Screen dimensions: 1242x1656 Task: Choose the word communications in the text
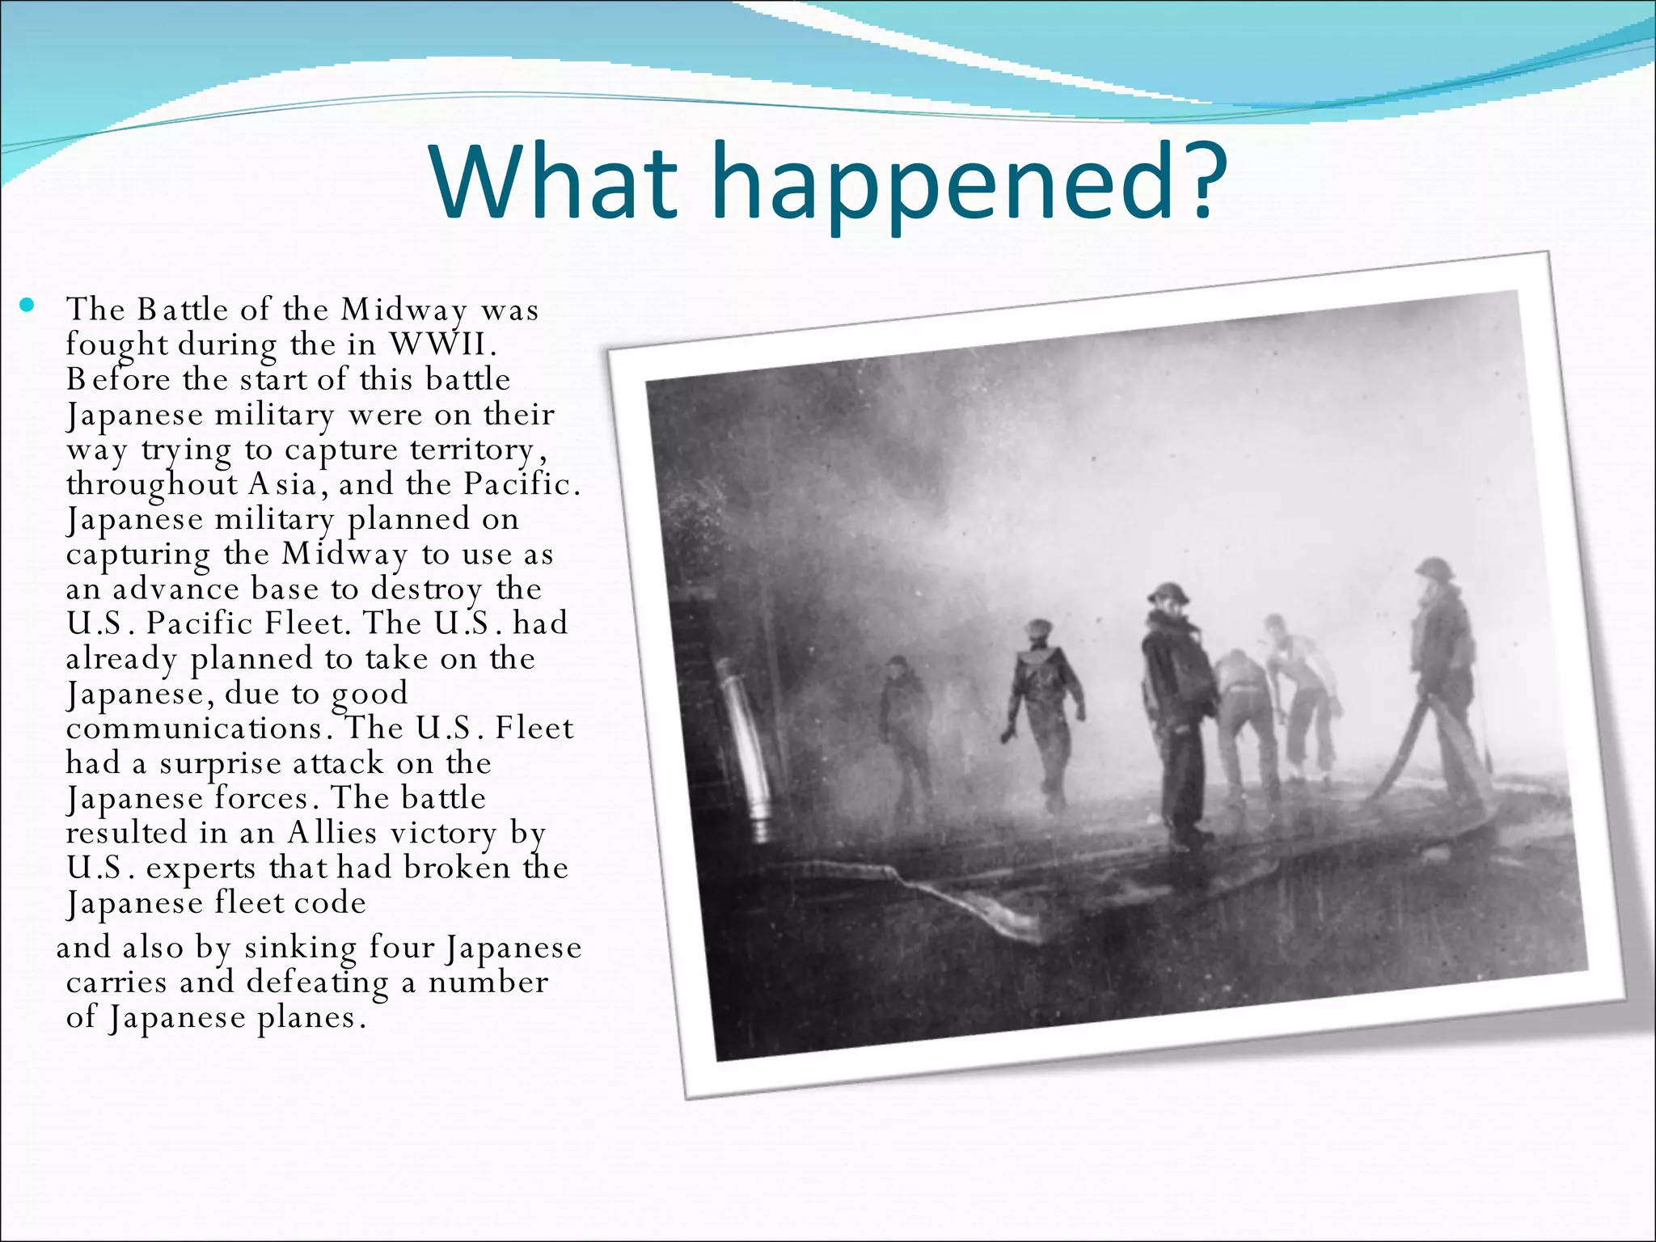pos(194,729)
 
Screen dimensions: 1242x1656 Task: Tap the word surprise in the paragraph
pos(220,764)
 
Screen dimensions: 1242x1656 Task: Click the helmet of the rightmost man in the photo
pos(1434,568)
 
